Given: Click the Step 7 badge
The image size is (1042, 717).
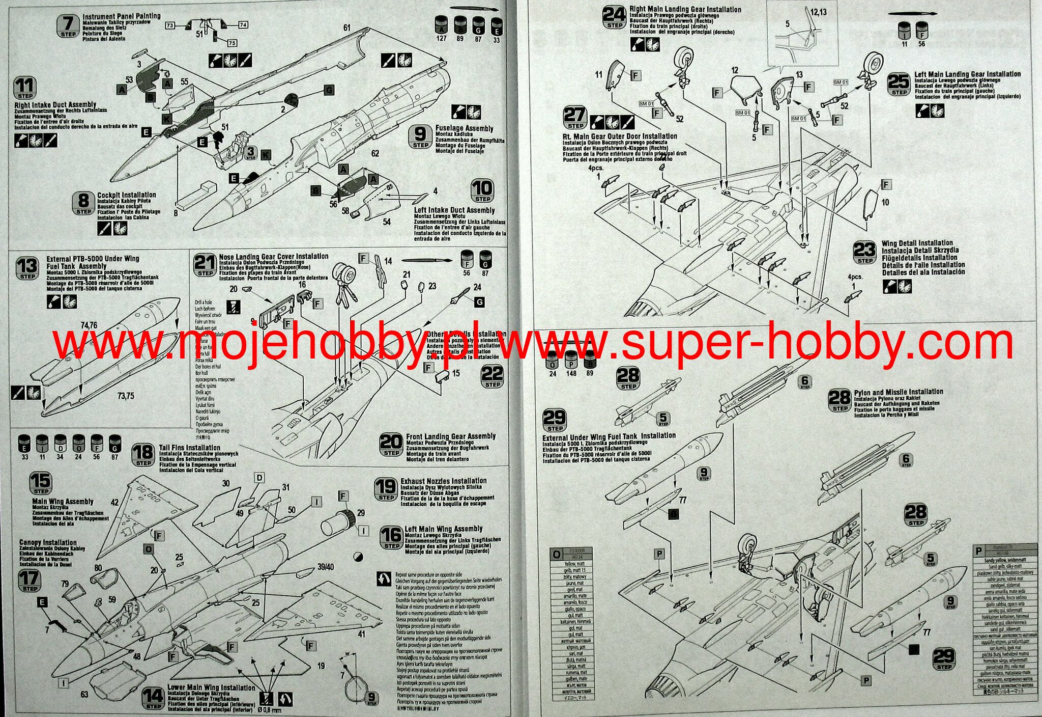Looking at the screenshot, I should coord(68,25).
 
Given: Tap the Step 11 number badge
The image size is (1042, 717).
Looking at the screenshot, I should coord(24,88).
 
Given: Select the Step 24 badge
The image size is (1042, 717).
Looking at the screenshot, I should coord(614,18).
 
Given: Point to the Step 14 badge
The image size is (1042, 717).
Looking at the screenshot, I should coord(153,698).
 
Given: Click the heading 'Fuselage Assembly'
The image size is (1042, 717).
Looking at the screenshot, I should coord(464,128).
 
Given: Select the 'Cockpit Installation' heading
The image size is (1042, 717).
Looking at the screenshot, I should coord(127,195).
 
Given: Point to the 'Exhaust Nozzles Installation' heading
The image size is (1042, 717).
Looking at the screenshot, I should coord(443,481).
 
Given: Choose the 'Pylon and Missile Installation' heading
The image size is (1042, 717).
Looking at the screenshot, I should coord(899,392).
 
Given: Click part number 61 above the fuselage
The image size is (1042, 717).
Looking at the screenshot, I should coord(347,27).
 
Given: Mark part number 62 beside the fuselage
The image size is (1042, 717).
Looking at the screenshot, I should coord(375,153).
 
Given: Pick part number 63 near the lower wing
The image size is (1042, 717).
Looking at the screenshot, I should coord(84,694).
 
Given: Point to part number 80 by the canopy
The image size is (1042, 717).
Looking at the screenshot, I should coord(98,568).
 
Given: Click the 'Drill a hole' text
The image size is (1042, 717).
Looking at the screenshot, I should coord(203,302).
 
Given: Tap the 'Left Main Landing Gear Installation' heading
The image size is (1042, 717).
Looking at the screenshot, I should coord(967,74).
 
